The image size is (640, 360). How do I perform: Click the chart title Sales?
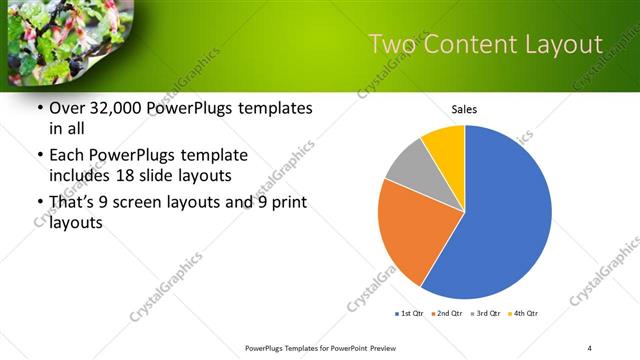464,109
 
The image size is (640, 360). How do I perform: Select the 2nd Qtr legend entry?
447,314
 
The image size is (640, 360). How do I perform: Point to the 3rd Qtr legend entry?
486,314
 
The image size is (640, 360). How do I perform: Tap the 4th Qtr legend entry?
524,314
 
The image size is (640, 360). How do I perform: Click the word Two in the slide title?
390,44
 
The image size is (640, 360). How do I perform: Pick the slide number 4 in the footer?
590,347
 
